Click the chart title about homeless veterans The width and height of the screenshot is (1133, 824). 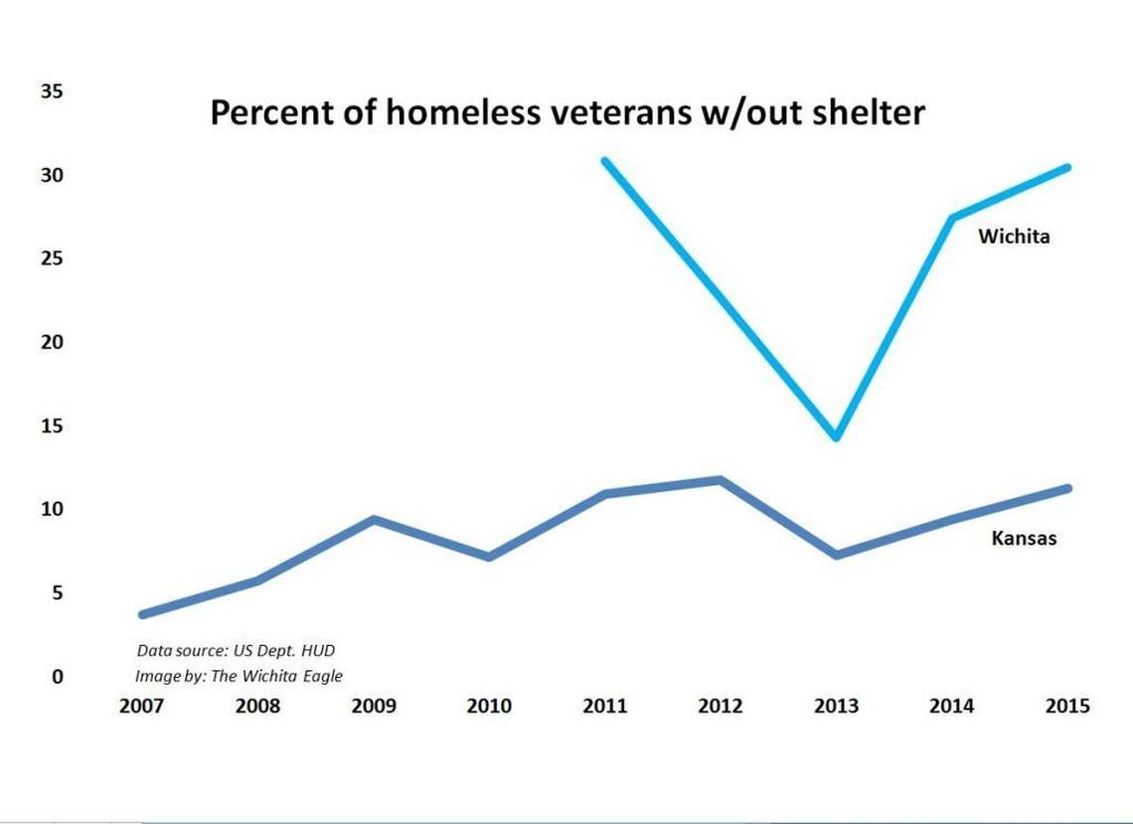[x=566, y=114]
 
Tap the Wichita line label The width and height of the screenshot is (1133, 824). [x=1014, y=237]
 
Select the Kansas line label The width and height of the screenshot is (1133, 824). [x=1023, y=539]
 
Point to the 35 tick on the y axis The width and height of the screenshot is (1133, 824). [x=52, y=91]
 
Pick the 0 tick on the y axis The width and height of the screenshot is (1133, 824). [x=58, y=677]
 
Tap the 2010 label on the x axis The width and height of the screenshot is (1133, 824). [x=489, y=707]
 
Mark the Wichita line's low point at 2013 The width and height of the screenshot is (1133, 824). [x=837, y=436]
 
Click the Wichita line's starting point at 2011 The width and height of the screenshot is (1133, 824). [x=605, y=160]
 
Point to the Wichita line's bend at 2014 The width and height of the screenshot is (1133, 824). [x=952, y=218]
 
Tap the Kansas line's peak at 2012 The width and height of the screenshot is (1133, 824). [x=721, y=480]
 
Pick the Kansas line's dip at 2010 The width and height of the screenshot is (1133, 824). [x=489, y=557]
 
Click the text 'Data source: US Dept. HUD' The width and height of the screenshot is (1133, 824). [x=236, y=651]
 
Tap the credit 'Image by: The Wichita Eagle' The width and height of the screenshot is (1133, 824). [x=239, y=677]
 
